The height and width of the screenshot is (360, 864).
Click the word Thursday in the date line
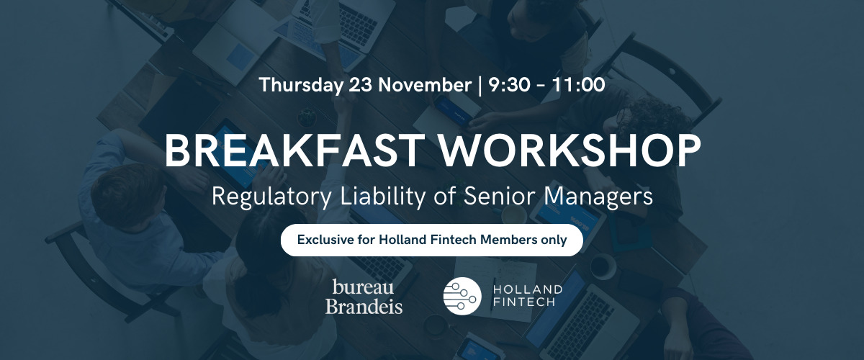(301, 85)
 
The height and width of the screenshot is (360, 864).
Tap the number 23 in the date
(360, 85)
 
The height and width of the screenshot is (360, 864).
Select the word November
(425, 85)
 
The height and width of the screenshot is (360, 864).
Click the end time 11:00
(579, 85)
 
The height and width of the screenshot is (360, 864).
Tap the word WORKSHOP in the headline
(570, 150)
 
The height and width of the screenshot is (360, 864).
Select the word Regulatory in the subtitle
(271, 197)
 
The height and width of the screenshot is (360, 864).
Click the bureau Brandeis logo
(364, 297)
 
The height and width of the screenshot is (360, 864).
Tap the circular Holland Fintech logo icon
(462, 296)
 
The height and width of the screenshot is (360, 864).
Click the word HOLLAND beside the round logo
(528, 289)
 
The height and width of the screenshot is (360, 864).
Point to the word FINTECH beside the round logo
(524, 302)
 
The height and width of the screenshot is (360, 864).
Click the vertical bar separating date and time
(480, 86)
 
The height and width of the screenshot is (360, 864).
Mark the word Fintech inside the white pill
(453, 240)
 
